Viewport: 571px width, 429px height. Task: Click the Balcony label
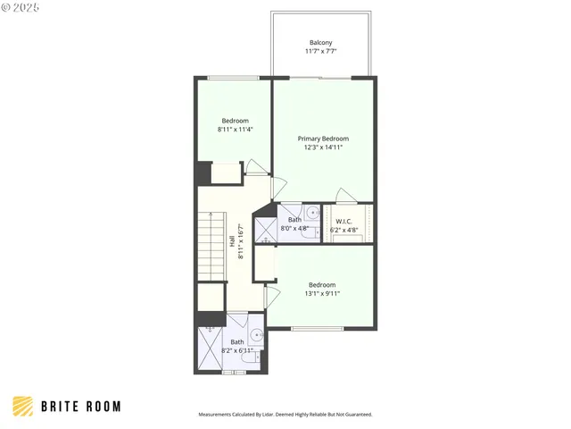(322, 43)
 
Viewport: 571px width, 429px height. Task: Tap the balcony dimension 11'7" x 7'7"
(322, 52)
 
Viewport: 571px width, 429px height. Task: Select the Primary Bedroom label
(323, 139)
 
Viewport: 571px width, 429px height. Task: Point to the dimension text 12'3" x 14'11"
(323, 147)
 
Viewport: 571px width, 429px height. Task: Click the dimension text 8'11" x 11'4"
(236, 130)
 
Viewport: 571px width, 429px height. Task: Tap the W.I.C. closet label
(344, 221)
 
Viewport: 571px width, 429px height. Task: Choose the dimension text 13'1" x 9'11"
(322, 293)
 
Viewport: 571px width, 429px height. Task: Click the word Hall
(232, 241)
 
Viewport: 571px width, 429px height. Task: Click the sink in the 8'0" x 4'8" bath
(312, 214)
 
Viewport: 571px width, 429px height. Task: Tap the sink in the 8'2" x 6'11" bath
(257, 336)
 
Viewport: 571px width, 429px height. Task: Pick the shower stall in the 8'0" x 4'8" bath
(267, 229)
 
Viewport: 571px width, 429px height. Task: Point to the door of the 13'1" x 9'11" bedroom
(273, 293)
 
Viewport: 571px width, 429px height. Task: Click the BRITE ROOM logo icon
(23, 407)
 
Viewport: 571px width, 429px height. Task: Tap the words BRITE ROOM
(80, 407)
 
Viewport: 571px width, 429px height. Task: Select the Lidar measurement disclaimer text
(285, 415)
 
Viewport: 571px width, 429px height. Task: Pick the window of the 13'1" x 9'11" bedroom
(317, 329)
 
